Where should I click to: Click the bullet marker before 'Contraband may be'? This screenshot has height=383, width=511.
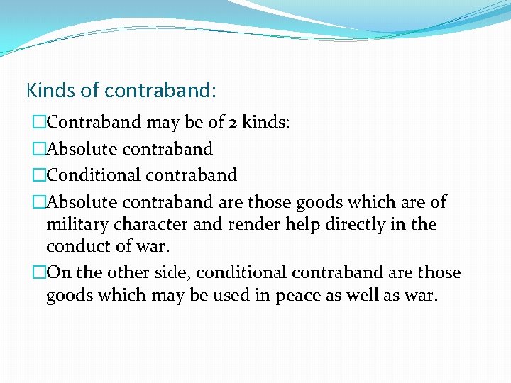pos(40,123)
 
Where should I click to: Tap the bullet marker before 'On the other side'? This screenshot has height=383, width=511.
pos(40,273)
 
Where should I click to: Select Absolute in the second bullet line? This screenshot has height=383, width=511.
pos(82,149)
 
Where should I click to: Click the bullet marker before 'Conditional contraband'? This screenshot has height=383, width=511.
pos(40,175)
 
